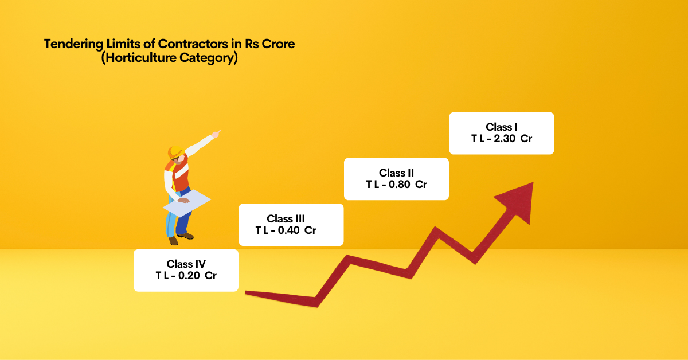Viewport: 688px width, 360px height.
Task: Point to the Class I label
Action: click(502, 127)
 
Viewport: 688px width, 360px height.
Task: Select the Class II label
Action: click(396, 173)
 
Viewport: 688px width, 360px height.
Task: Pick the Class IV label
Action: click(186, 264)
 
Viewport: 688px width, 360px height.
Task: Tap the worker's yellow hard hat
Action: click(174, 152)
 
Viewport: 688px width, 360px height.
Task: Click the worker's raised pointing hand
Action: click(216, 134)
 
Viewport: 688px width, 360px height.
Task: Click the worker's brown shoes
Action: click(185, 236)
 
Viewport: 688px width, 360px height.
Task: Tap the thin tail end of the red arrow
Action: click(252, 294)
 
